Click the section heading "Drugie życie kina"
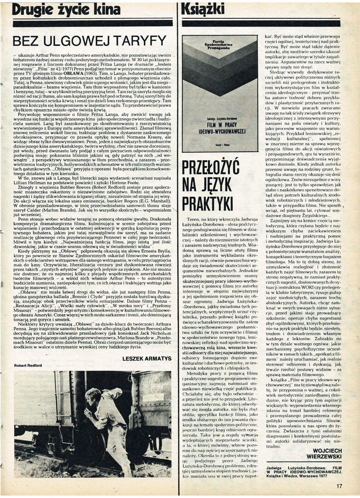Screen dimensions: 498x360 pyautogui.click(x=66, y=9)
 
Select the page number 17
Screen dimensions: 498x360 pyautogui.click(x=339, y=486)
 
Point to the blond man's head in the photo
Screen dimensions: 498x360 pyautogui.click(x=90, y=393)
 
